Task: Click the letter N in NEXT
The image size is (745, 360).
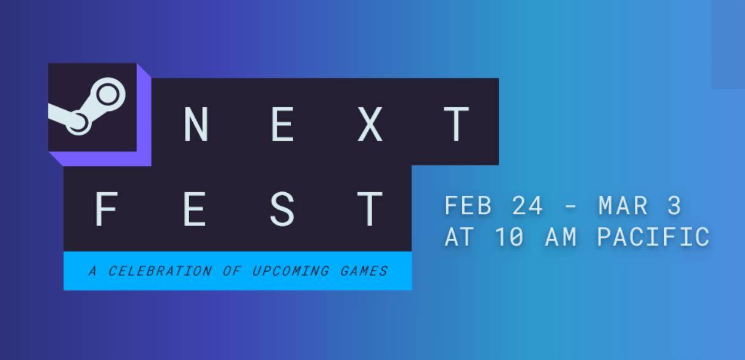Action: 197,124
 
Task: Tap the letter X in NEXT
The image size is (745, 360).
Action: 370,124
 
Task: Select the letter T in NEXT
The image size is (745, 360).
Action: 456,124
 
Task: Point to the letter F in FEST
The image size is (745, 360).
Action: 106,209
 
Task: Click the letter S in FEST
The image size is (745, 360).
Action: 282,209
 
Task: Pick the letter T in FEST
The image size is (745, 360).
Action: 370,209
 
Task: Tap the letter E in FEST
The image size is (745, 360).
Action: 195,209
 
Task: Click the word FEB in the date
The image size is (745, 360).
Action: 468,206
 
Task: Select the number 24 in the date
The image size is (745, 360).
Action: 527,206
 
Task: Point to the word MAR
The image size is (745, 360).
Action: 623,206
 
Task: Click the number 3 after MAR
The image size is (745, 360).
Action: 674,206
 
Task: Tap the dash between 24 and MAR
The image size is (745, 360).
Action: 571,207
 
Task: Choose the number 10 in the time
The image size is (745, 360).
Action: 509,237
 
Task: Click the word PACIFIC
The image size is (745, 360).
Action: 654,237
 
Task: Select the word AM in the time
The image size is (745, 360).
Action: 561,237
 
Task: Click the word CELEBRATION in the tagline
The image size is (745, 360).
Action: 160,271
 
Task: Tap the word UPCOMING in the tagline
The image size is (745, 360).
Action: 291,271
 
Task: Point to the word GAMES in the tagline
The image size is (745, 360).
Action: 364,271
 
